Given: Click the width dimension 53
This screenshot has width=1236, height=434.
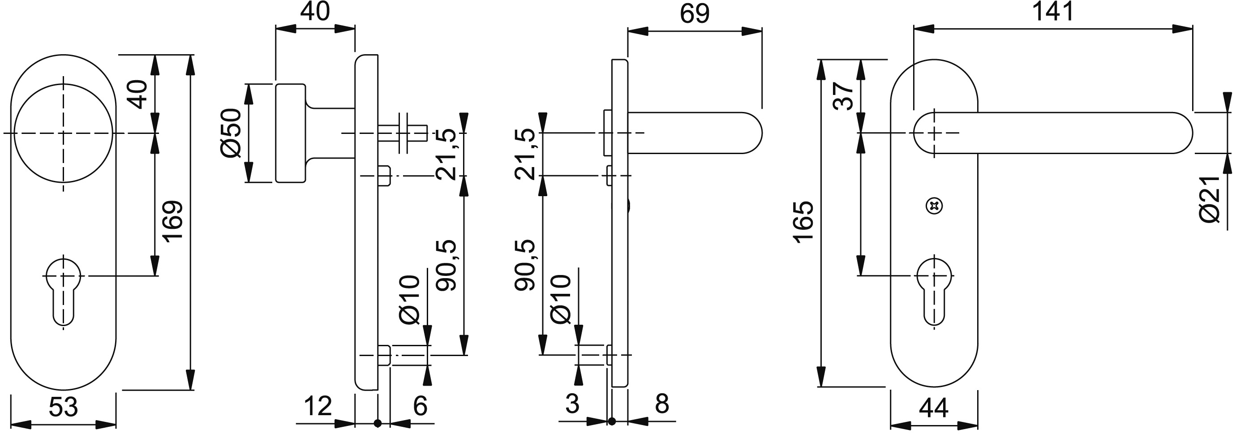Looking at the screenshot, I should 63,407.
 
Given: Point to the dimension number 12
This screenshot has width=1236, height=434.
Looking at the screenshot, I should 318,406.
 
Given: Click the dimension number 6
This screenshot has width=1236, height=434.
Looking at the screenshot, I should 420,406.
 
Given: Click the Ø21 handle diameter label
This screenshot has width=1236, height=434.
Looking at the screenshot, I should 1210,199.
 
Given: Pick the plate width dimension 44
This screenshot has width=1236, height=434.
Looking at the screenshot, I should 934,408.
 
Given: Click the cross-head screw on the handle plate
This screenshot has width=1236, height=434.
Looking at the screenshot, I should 934,206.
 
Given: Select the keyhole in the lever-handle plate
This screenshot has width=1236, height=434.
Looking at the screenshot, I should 934,293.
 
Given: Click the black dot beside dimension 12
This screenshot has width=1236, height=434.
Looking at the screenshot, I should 378,423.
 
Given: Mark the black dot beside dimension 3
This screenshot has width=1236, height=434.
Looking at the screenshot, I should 611,421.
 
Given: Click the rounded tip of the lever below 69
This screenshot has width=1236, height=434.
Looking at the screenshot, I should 752,133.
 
